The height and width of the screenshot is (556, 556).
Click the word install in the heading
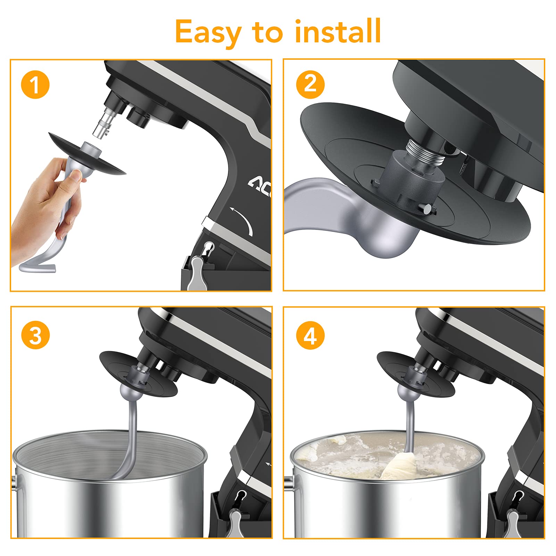(338, 31)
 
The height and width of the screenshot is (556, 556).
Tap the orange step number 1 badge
(35, 85)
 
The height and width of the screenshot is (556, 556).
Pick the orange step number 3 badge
(35, 336)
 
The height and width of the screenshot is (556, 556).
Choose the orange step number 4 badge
(310, 336)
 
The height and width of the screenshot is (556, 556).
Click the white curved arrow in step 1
(243, 221)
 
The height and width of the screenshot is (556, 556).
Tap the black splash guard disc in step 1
(87, 153)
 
